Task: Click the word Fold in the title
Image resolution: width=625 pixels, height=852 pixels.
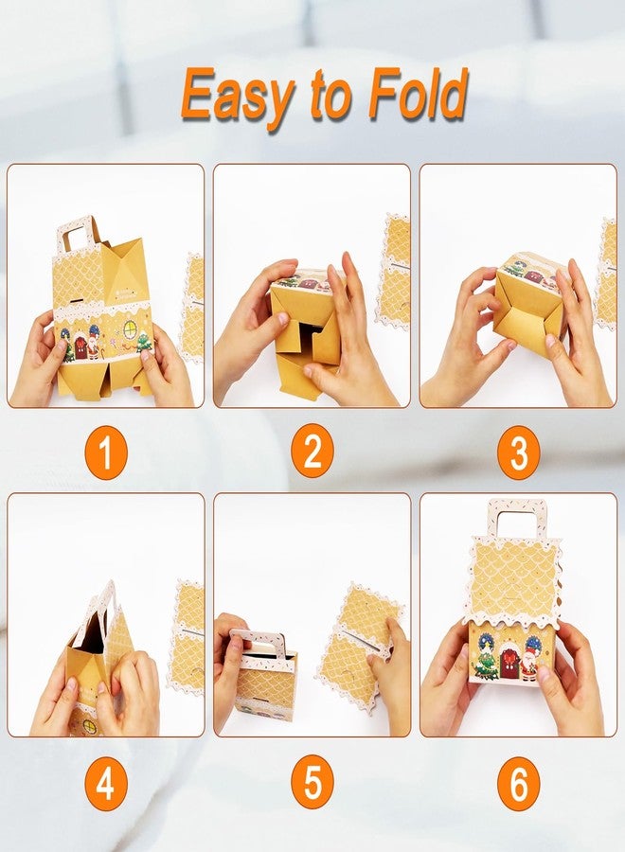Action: (418, 93)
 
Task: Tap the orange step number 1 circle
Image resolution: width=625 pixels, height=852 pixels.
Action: (106, 453)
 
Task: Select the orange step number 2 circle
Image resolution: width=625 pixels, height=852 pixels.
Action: (312, 453)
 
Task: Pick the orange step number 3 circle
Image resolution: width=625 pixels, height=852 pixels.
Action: (519, 453)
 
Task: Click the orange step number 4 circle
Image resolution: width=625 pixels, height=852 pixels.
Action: (106, 783)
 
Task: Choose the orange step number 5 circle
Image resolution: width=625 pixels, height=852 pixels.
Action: (312, 783)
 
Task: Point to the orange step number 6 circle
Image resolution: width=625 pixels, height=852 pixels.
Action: (519, 783)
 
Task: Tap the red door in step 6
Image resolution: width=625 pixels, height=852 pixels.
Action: (509, 664)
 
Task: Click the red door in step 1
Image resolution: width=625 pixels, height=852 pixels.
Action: (81, 348)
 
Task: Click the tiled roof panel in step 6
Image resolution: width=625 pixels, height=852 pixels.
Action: (514, 579)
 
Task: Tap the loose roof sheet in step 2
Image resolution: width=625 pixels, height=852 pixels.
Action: (395, 270)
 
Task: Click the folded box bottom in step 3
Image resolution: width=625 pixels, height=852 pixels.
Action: (527, 313)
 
